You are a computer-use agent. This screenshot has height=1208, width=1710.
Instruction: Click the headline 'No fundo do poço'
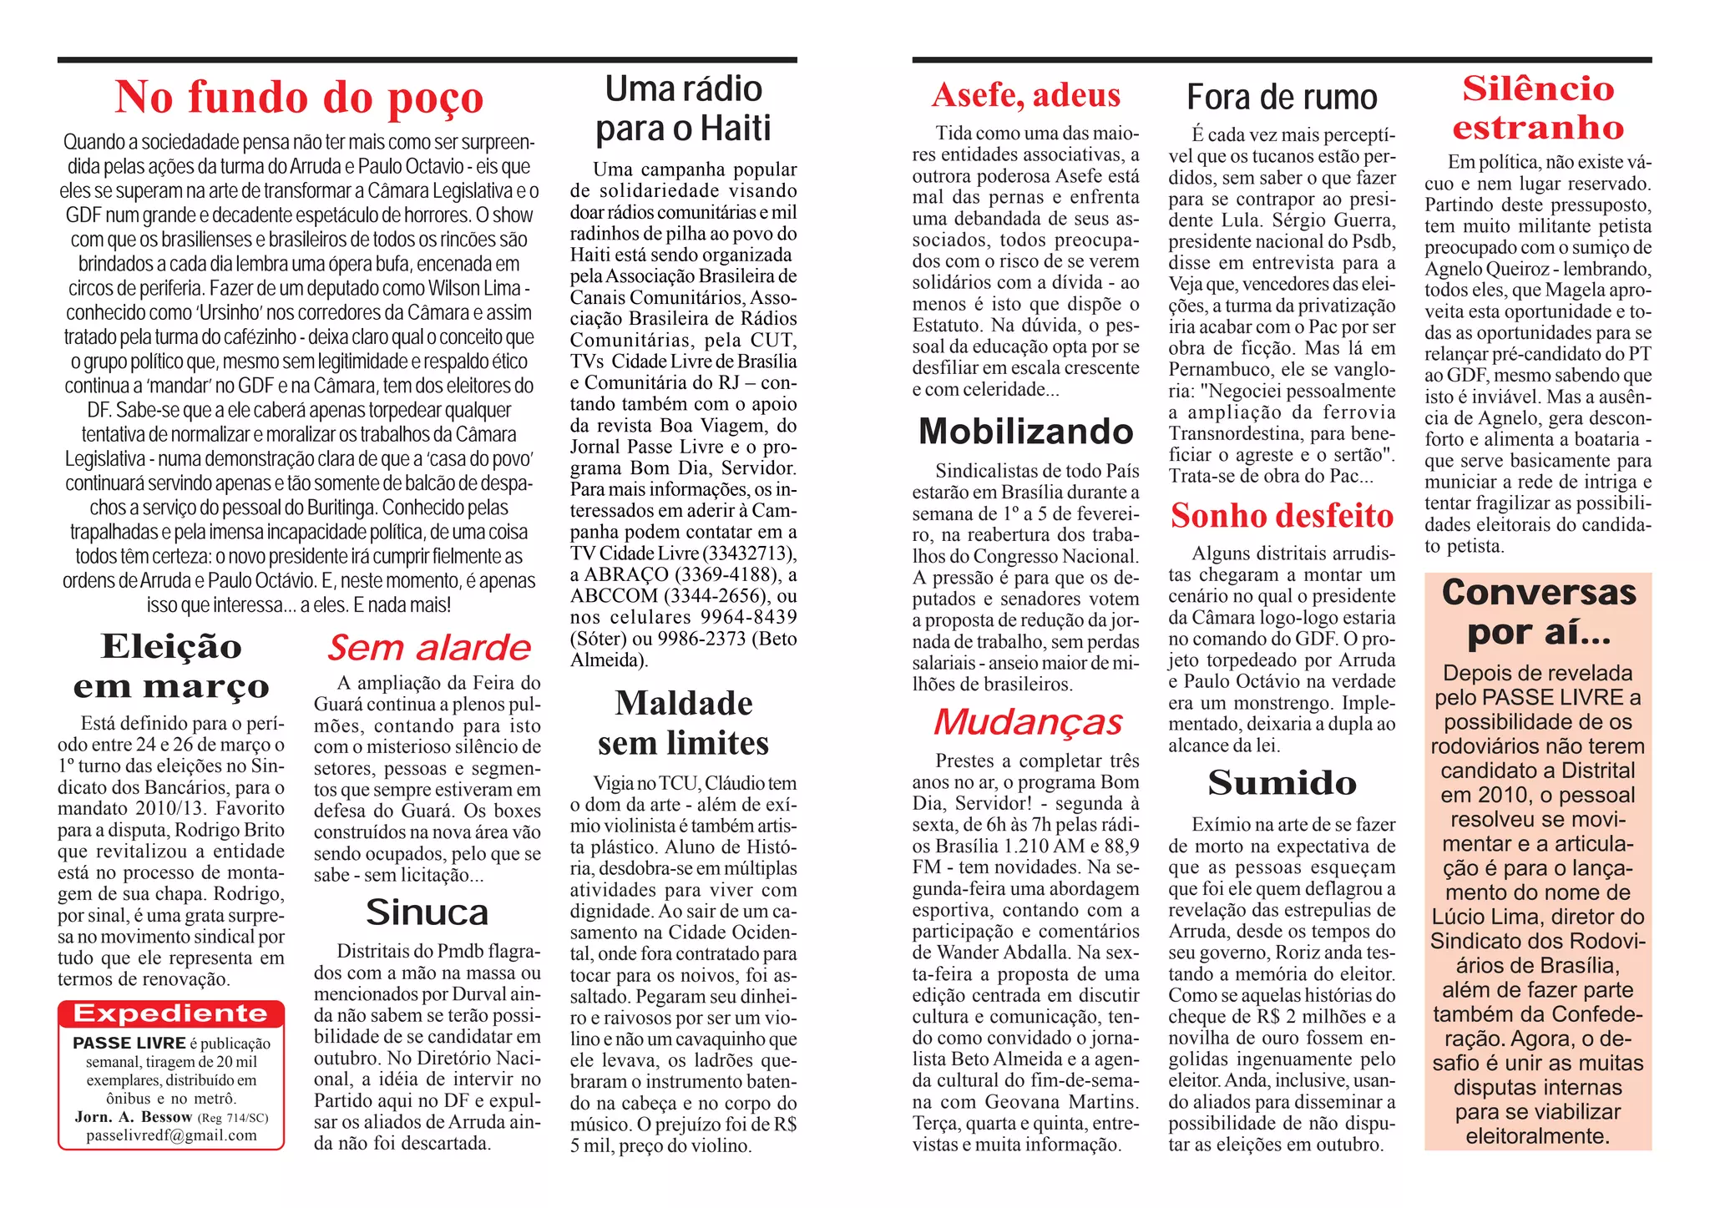[x=299, y=98]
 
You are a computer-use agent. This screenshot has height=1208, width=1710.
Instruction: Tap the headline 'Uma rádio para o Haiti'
[x=683, y=109]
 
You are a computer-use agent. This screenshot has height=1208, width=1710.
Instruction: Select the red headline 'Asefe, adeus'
[x=1025, y=95]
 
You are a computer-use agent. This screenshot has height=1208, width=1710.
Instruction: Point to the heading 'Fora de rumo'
[x=1282, y=98]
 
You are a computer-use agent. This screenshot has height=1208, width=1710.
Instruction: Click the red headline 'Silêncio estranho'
[x=1538, y=108]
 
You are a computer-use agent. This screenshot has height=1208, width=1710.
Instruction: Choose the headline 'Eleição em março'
[x=171, y=666]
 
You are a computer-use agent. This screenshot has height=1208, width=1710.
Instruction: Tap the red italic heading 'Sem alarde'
[x=428, y=648]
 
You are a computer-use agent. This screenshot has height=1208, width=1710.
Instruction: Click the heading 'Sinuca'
[x=427, y=912]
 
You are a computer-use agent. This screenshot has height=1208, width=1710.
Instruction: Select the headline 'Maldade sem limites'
[x=683, y=723]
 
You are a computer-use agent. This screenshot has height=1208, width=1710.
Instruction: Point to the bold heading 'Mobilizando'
[x=1025, y=432]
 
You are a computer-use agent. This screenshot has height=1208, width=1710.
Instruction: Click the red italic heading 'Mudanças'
[x=1027, y=722]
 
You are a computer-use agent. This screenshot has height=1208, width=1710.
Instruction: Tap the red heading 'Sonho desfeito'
[x=1282, y=516]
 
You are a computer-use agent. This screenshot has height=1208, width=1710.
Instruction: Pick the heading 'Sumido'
[x=1282, y=783]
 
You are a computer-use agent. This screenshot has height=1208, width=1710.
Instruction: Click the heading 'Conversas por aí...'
[x=1538, y=613]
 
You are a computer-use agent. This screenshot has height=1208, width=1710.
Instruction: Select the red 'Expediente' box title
[x=171, y=1013]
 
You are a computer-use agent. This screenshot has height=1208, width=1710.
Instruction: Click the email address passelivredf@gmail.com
[x=171, y=1135]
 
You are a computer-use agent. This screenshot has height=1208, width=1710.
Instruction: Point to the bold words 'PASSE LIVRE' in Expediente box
[x=129, y=1044]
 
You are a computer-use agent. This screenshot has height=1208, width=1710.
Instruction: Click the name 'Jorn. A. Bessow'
[x=134, y=1117]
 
